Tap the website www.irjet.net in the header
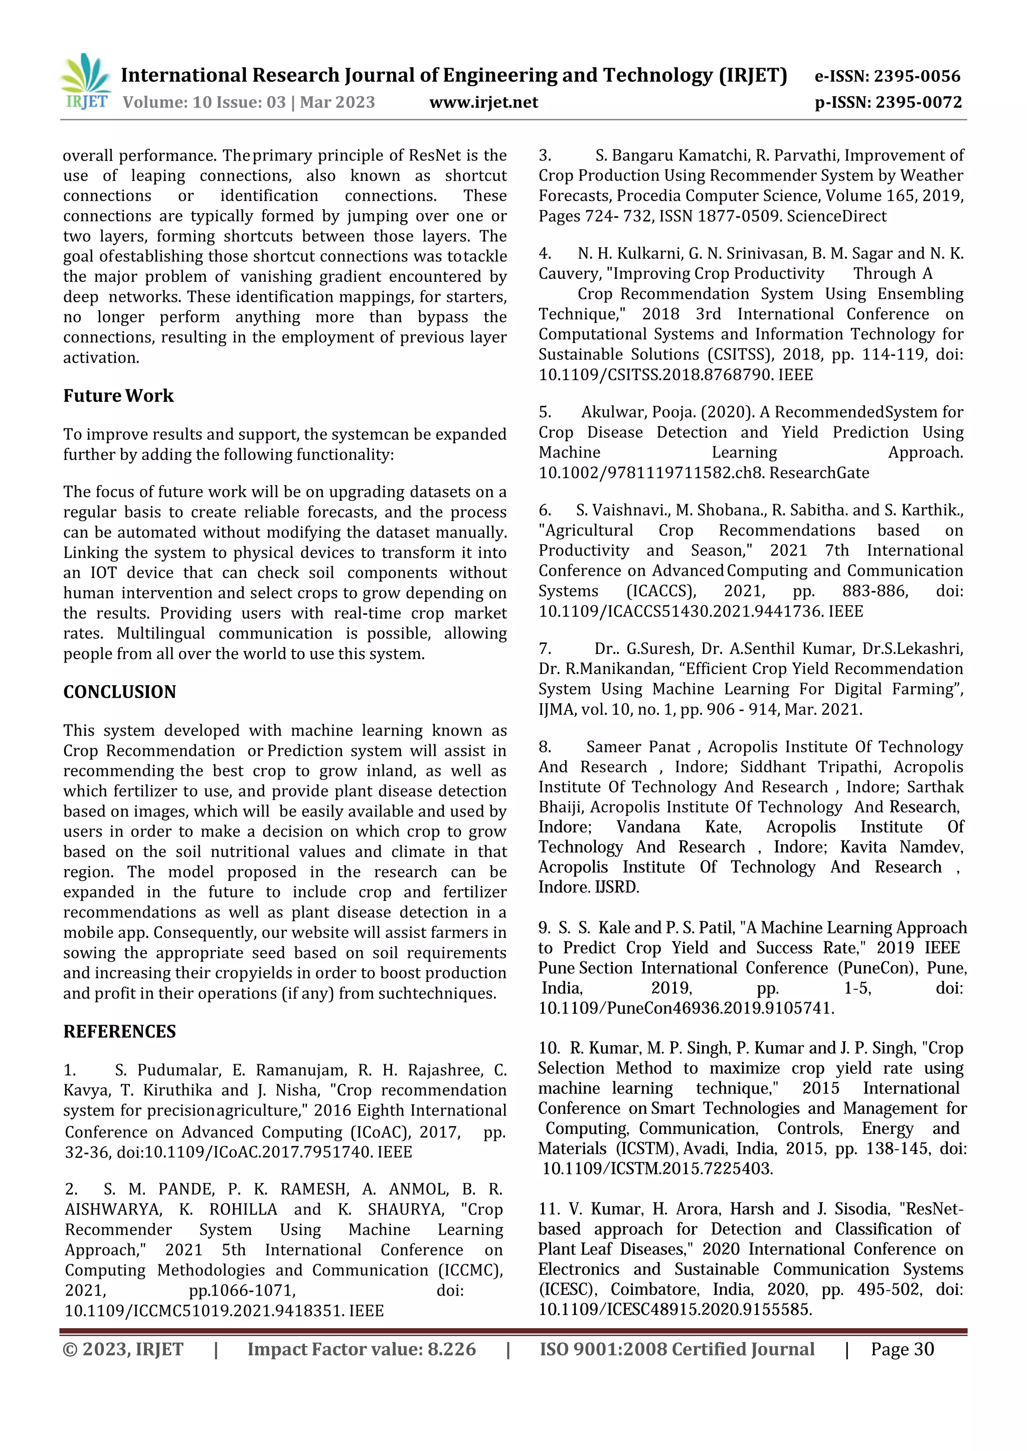pyautogui.click(x=484, y=102)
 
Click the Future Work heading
pyautogui.click(x=118, y=396)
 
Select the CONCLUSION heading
pyautogui.click(x=119, y=692)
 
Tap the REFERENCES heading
pyautogui.click(x=119, y=1032)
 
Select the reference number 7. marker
pyautogui.click(x=545, y=649)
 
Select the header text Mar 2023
pyautogui.click(x=337, y=102)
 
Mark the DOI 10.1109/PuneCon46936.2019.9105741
pyautogui.click(x=686, y=1008)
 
